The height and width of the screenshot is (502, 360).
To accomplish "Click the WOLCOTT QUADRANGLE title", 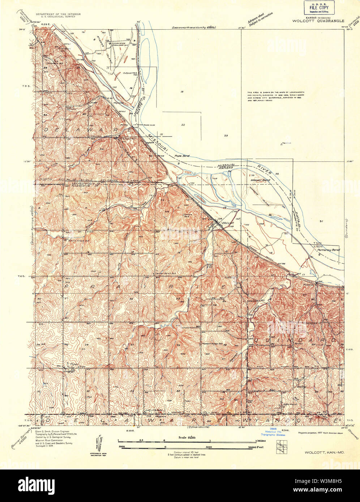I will (318, 21).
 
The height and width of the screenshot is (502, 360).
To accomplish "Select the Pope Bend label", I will (182, 156).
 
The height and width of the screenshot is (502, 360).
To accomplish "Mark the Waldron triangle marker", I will (282, 144).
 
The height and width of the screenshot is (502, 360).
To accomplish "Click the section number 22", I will (183, 125).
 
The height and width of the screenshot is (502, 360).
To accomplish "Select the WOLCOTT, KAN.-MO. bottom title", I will (323, 452).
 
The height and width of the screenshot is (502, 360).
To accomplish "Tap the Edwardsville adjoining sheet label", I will (199, 428).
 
